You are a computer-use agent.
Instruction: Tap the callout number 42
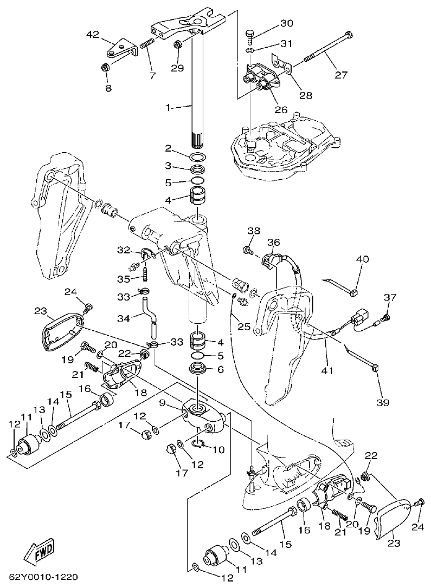93,35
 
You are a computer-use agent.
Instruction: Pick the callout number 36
273,241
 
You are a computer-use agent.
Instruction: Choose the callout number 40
362,259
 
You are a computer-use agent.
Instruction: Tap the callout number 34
124,318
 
